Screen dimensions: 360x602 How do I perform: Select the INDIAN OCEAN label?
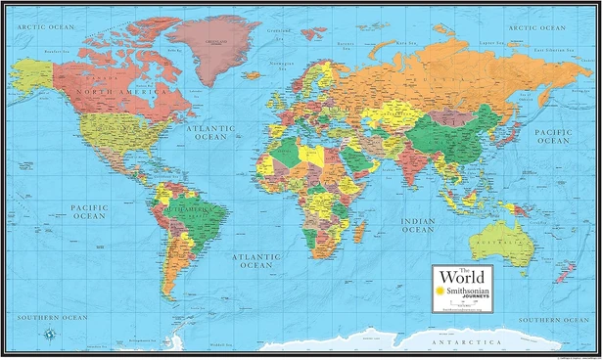[417, 226]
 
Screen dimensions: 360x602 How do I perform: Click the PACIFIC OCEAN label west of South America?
[88, 211]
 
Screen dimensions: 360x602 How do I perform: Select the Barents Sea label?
[344, 44]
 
